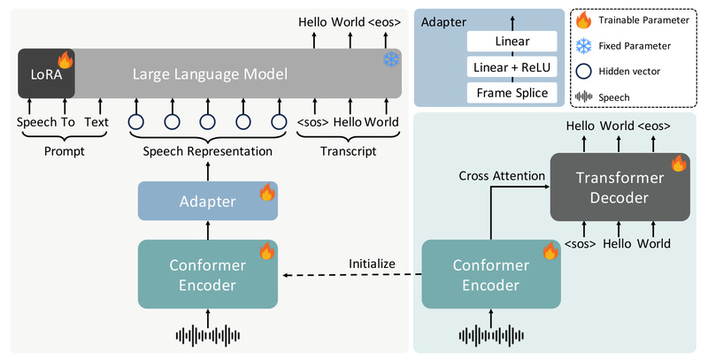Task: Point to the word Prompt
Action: [x=61, y=151]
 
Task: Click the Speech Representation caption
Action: [x=208, y=151]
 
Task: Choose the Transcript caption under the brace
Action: [x=349, y=151]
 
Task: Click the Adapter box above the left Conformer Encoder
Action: [x=208, y=201]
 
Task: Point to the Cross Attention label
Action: [x=502, y=175]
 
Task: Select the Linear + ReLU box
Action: [x=512, y=67]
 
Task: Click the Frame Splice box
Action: [x=512, y=92]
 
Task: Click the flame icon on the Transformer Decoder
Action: [x=678, y=163]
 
